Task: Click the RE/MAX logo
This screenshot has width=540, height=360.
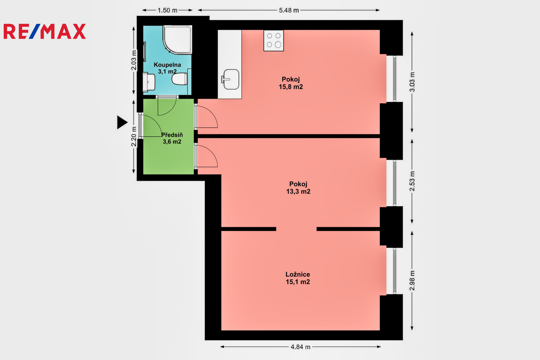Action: coord(45,31)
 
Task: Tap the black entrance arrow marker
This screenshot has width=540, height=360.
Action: coord(122,122)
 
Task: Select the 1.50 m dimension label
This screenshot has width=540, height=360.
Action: coord(167,10)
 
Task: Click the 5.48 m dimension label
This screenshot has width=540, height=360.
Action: coord(289,10)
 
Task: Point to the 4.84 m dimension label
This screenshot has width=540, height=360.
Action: coord(300,347)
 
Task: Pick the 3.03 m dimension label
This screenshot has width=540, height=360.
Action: coord(412,82)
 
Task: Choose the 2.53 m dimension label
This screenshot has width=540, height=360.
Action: coord(412,181)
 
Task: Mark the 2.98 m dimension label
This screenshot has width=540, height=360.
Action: coord(412,281)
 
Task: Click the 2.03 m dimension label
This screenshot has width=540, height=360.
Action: coord(134,60)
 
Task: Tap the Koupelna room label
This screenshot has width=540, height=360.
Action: coord(167,65)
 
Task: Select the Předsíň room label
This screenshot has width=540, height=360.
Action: coord(172,135)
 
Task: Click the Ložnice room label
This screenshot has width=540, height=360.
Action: coord(298,274)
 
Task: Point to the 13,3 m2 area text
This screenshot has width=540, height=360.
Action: coord(298,191)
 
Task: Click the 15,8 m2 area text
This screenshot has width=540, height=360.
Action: coord(291,87)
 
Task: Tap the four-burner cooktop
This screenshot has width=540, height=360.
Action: coord(274,41)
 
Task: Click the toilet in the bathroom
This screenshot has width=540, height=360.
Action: coord(180,79)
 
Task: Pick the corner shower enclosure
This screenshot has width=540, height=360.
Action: coord(178,40)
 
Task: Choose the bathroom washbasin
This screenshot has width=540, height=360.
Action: coord(148,82)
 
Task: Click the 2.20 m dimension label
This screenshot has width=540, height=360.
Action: coord(134,136)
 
